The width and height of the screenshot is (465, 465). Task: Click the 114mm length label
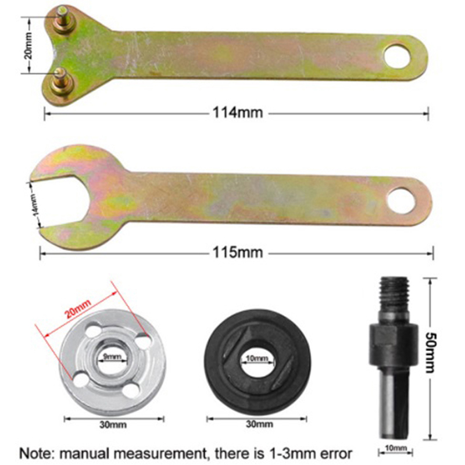[x=238, y=113]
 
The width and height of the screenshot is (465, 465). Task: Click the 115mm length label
[x=238, y=253]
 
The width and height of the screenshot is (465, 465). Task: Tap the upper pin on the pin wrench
[x=63, y=20]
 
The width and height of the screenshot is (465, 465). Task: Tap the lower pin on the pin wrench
[x=61, y=81]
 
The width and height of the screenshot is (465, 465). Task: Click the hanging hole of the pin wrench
[x=398, y=56]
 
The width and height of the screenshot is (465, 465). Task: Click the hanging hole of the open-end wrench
[x=401, y=201]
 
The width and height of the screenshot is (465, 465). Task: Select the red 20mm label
[x=78, y=309]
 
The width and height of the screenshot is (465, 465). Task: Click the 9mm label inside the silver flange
[x=112, y=356]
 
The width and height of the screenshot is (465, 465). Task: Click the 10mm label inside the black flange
[x=257, y=358]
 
